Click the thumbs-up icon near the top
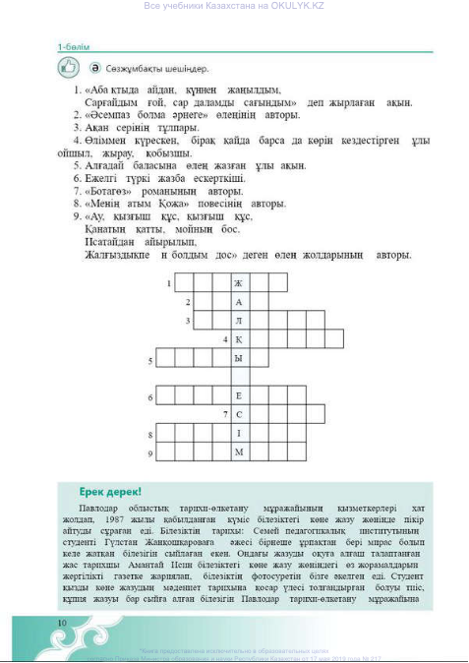pyautogui.click(x=69, y=68)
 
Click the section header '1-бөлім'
pyautogui.click(x=75, y=45)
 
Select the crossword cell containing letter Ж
pyautogui.click(x=237, y=283)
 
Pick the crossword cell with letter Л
pyautogui.click(x=237, y=321)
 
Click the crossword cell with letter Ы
pyautogui.click(x=237, y=359)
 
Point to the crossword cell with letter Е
pyautogui.click(x=237, y=396)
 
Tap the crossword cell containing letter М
pyautogui.click(x=237, y=452)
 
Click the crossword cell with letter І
pyautogui.click(x=237, y=433)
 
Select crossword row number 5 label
pyautogui.click(x=150, y=360)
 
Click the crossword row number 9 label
pyautogui.click(x=150, y=453)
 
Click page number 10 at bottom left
pyautogui.click(x=62, y=622)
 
